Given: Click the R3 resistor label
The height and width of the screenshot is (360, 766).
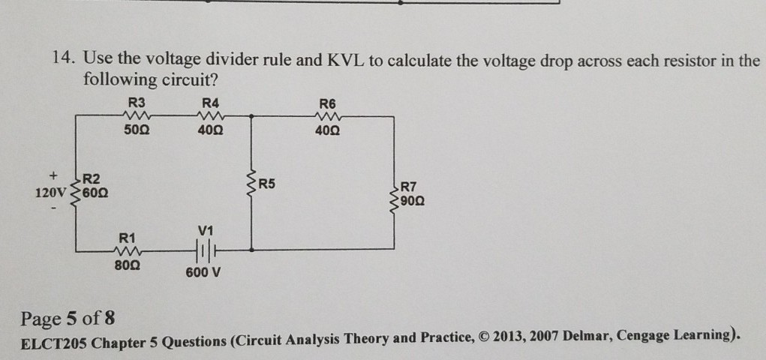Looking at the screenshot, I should (x=137, y=103).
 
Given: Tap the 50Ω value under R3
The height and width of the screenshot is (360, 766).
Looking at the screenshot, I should (x=136, y=131).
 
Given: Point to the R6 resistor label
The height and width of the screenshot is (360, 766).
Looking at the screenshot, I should (x=328, y=103).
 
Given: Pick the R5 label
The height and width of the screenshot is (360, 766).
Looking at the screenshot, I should (x=268, y=183).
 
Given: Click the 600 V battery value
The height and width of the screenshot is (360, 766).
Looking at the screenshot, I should (x=203, y=272).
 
